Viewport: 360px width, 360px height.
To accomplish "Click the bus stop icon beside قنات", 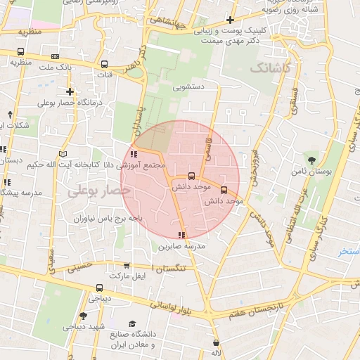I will [x=105, y=64].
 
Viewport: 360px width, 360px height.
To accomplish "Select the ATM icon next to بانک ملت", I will [x=56, y=56].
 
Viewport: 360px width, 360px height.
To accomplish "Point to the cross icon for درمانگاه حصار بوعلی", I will [x=70, y=91].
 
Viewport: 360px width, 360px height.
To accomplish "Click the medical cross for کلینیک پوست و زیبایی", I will [x=231, y=20].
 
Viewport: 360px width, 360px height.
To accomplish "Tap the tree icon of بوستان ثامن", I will [x=309, y=160].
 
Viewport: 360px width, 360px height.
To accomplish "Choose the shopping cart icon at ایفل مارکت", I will [x=126, y=265].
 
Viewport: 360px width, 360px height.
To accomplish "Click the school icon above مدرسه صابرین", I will [x=182, y=235].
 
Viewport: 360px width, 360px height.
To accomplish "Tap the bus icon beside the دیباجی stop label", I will [x=99, y=288].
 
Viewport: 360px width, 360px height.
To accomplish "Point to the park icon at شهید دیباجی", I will [x=83, y=316].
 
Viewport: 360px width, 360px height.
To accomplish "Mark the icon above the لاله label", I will [x=216, y=343].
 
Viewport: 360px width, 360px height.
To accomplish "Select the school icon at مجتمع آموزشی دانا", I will [x=134, y=155].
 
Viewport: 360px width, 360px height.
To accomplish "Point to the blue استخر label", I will [x=348, y=251].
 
